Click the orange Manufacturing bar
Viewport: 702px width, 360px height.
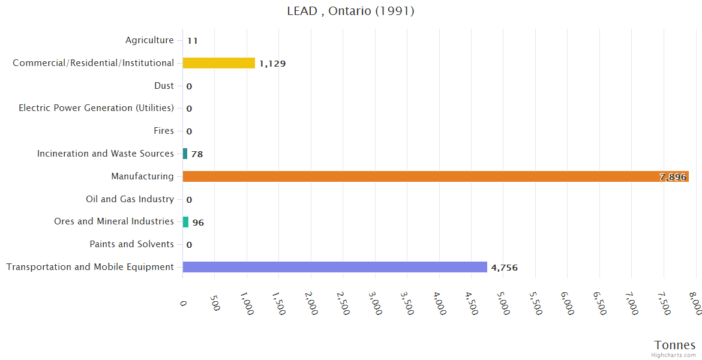pos(420,176)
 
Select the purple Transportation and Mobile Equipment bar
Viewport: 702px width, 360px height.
pos(335,267)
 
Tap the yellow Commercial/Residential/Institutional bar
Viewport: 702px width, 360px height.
pos(219,63)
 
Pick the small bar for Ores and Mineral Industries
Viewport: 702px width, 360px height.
pos(185,222)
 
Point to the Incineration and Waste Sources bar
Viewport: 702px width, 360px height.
pos(185,154)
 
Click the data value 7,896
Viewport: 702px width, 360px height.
pos(673,177)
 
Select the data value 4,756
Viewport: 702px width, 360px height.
pos(504,268)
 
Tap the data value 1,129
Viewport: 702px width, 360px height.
pos(272,64)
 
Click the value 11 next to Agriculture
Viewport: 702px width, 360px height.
pos(192,41)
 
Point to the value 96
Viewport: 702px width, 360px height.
pos(198,223)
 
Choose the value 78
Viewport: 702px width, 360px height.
pos(197,154)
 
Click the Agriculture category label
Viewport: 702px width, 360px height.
pos(149,40)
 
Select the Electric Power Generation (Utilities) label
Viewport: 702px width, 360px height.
pos(96,108)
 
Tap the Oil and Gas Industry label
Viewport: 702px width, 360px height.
pos(130,199)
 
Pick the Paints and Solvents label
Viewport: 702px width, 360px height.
pos(131,244)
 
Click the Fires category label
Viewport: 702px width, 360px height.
pos(164,131)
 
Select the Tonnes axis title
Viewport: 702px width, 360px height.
pos(674,345)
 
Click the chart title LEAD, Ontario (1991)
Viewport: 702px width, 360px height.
pos(350,11)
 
